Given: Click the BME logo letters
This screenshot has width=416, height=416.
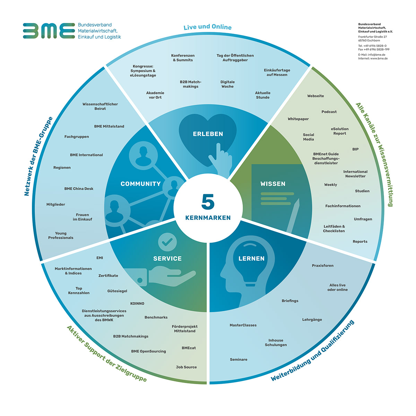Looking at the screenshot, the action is click(x=49, y=31).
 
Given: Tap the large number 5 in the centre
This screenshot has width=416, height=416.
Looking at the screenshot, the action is click(x=208, y=202).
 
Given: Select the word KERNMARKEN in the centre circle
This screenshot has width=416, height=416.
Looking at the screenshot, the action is click(x=208, y=218).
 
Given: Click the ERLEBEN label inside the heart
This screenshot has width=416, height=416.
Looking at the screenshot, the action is click(x=208, y=134).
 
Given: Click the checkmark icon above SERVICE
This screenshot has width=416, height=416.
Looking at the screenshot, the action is click(x=167, y=242).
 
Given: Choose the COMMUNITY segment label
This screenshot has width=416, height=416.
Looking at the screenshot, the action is click(x=140, y=184).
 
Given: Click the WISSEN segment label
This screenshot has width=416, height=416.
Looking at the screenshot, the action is click(x=273, y=184).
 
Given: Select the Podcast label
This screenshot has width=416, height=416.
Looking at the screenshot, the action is click(x=329, y=112).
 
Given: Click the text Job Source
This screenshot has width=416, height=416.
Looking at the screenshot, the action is click(x=186, y=367).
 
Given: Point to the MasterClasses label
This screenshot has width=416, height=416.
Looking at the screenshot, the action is click(x=243, y=325).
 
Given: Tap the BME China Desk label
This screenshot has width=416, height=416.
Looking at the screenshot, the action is click(x=79, y=189).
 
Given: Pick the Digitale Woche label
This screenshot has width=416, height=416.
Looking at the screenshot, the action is click(x=227, y=84).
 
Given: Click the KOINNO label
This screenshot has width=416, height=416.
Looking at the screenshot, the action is click(x=137, y=303).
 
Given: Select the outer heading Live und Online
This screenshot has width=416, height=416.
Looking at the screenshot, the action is click(x=207, y=27).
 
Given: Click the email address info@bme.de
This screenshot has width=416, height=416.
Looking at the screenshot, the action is click(x=376, y=55).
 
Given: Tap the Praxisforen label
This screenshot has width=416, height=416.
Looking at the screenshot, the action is click(x=322, y=266).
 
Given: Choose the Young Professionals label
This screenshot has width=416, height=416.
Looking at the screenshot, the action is click(x=61, y=235).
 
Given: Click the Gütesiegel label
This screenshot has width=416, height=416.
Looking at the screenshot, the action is click(x=117, y=291).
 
